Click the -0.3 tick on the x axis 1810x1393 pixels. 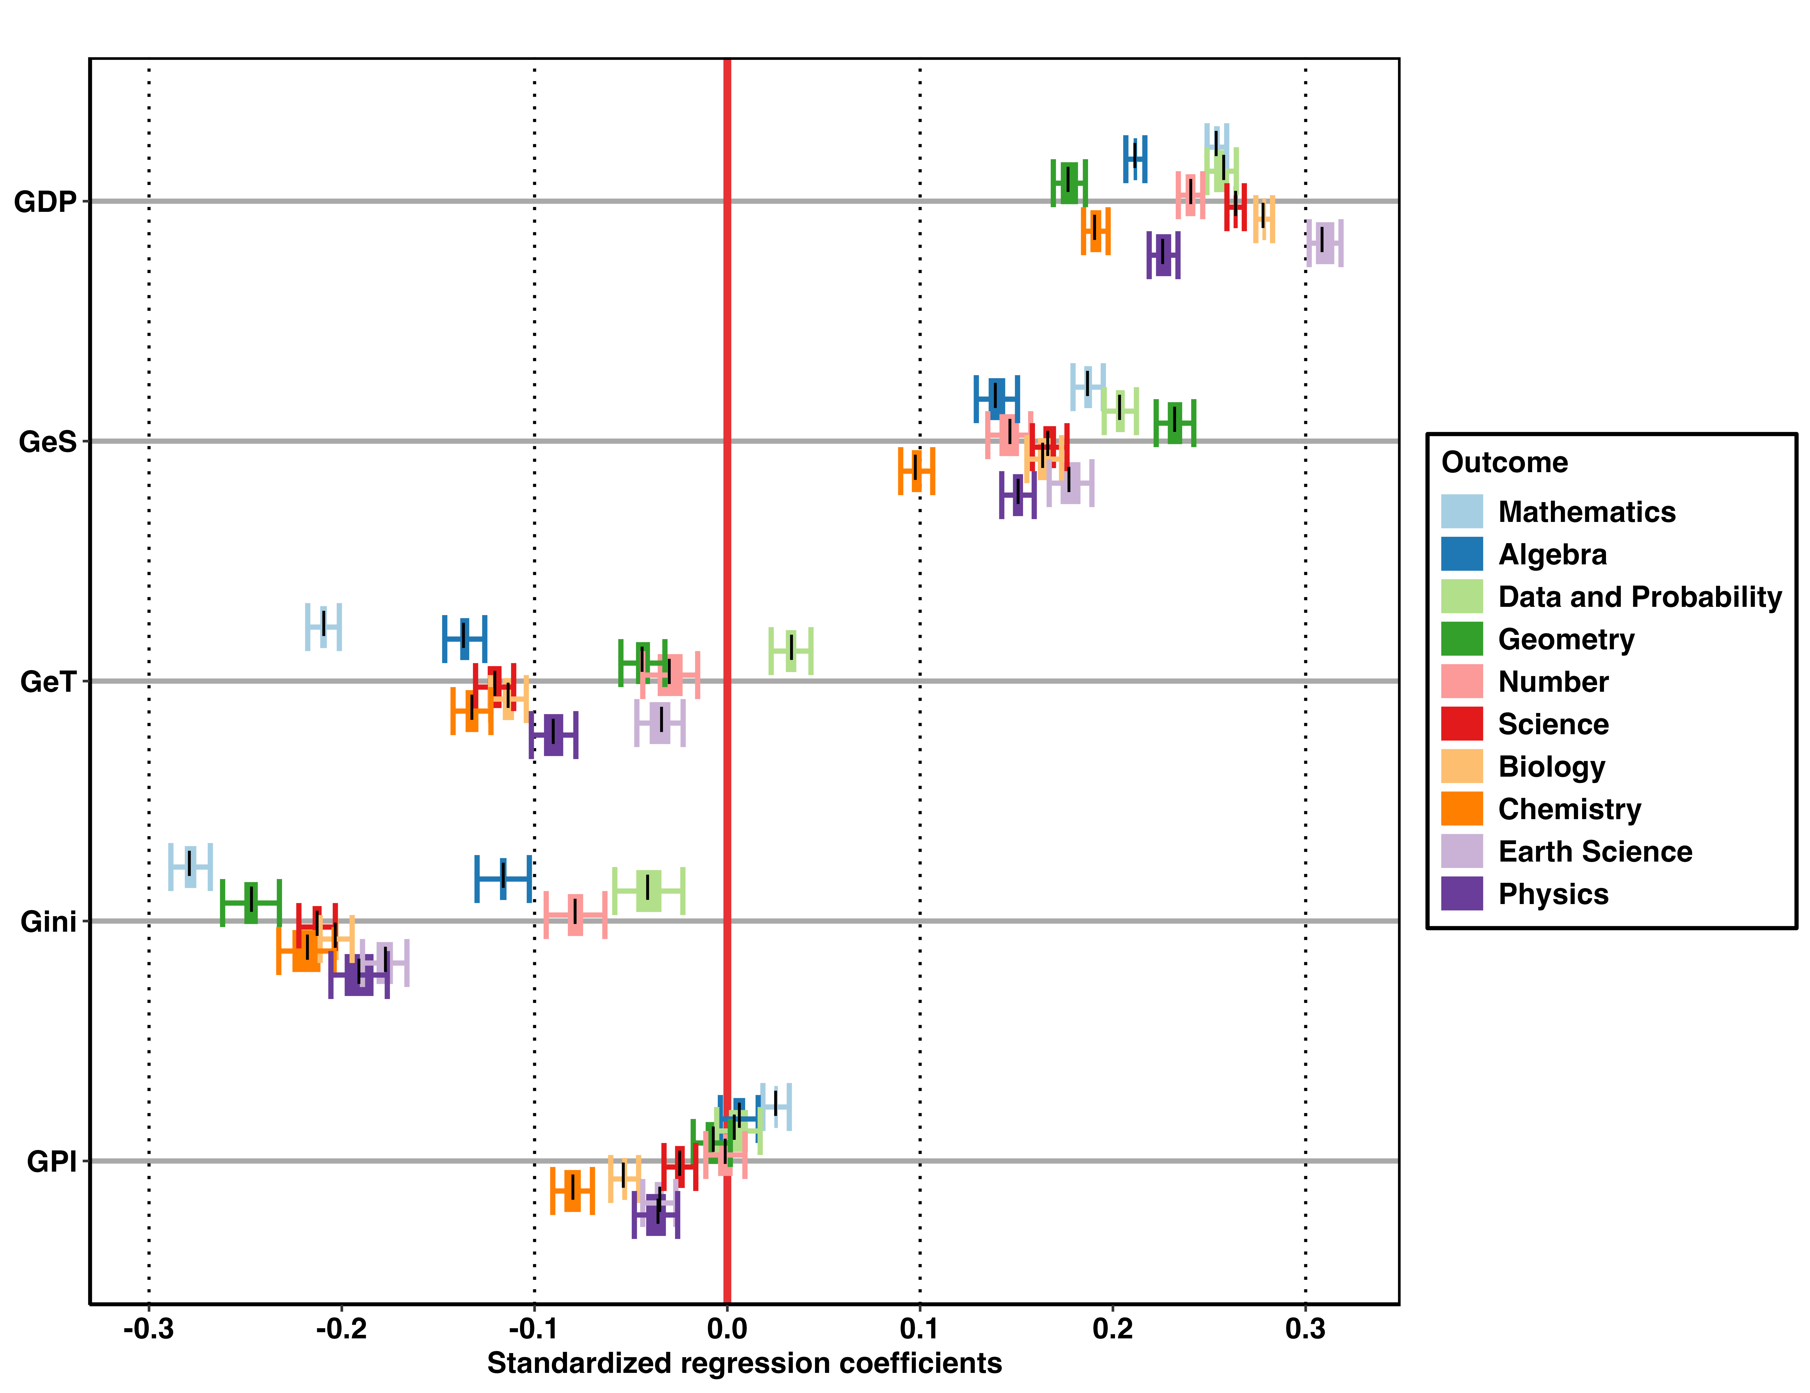(149, 1329)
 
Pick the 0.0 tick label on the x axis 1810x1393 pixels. (727, 1329)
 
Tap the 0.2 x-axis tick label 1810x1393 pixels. (1113, 1329)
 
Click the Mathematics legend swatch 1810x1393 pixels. (1462, 512)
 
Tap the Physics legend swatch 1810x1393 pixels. (1462, 894)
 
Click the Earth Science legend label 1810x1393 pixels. (1595, 852)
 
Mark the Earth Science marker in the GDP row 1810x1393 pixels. (1324, 243)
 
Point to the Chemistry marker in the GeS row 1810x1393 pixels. (916, 471)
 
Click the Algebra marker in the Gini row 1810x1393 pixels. (503, 879)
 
